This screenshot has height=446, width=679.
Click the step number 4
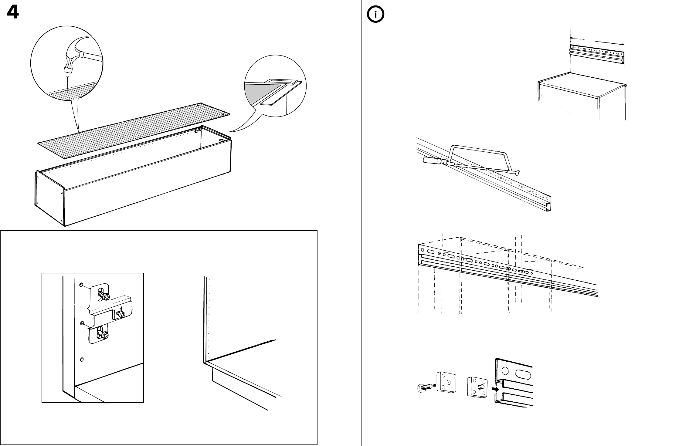pyautogui.click(x=12, y=13)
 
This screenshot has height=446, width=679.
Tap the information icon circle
pyautogui.click(x=375, y=15)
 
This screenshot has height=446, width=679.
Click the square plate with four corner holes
pyautogui.click(x=446, y=386)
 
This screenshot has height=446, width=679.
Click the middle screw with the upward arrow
pyautogui.click(x=121, y=315)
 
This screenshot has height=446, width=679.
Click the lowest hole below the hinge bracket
pyautogui.click(x=81, y=360)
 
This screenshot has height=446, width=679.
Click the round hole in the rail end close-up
pyautogui.click(x=505, y=371)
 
